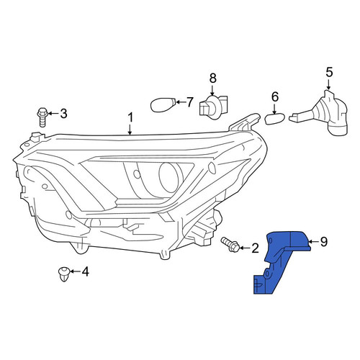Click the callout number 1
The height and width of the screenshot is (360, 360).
(130, 118)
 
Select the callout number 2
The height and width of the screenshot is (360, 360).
(255, 248)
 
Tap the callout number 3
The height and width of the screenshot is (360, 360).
(63, 113)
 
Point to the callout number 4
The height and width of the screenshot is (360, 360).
(85, 271)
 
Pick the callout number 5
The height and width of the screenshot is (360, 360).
(329, 73)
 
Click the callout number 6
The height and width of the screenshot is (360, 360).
(275, 96)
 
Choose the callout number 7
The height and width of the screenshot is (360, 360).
(190, 102)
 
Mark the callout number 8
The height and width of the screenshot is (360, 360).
(212, 78)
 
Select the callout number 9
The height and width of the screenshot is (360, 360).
(324, 242)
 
